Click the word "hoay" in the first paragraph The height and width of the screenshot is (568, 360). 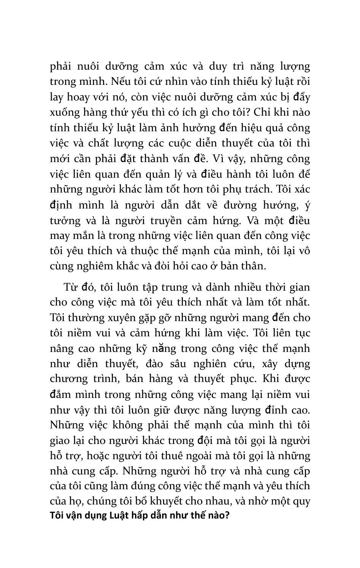pyautogui.click(x=83, y=97)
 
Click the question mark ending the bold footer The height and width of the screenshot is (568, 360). pyautogui.click(x=227, y=516)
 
